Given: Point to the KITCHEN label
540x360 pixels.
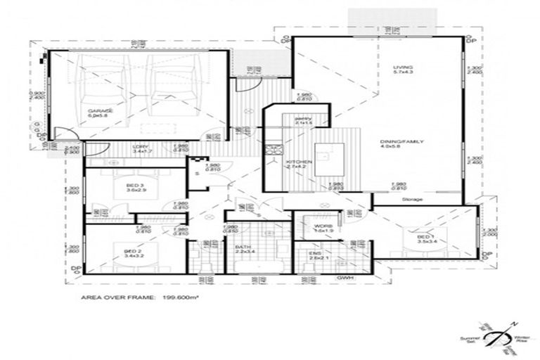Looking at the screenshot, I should (x=299, y=165).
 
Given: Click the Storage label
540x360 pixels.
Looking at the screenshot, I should (x=412, y=200).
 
